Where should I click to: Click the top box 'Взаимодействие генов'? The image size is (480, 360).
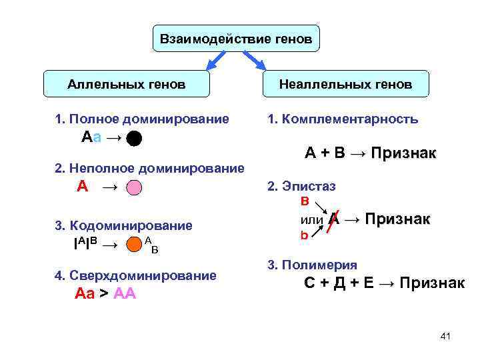click(236, 39)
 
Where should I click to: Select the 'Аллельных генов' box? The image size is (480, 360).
click(127, 85)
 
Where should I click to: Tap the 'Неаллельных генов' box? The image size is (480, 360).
click(345, 85)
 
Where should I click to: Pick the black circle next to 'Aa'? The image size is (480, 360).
click(134, 139)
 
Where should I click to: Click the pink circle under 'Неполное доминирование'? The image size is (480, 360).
click(134, 187)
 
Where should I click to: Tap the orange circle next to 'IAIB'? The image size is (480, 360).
click(134, 245)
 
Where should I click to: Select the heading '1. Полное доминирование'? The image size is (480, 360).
click(143, 119)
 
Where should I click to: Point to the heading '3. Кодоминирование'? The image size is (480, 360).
click(123, 225)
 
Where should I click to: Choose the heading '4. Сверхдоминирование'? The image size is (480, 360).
click(136, 275)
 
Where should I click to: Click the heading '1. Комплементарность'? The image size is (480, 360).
click(343, 119)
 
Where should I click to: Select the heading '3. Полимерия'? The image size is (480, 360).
click(312, 265)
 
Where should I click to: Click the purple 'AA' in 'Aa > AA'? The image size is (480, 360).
click(125, 293)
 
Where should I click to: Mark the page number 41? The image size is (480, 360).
click(446, 336)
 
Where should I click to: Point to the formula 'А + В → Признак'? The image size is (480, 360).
click(370, 153)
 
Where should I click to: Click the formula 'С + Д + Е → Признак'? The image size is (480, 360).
click(384, 283)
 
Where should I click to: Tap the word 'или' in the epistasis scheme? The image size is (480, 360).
click(312, 219)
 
